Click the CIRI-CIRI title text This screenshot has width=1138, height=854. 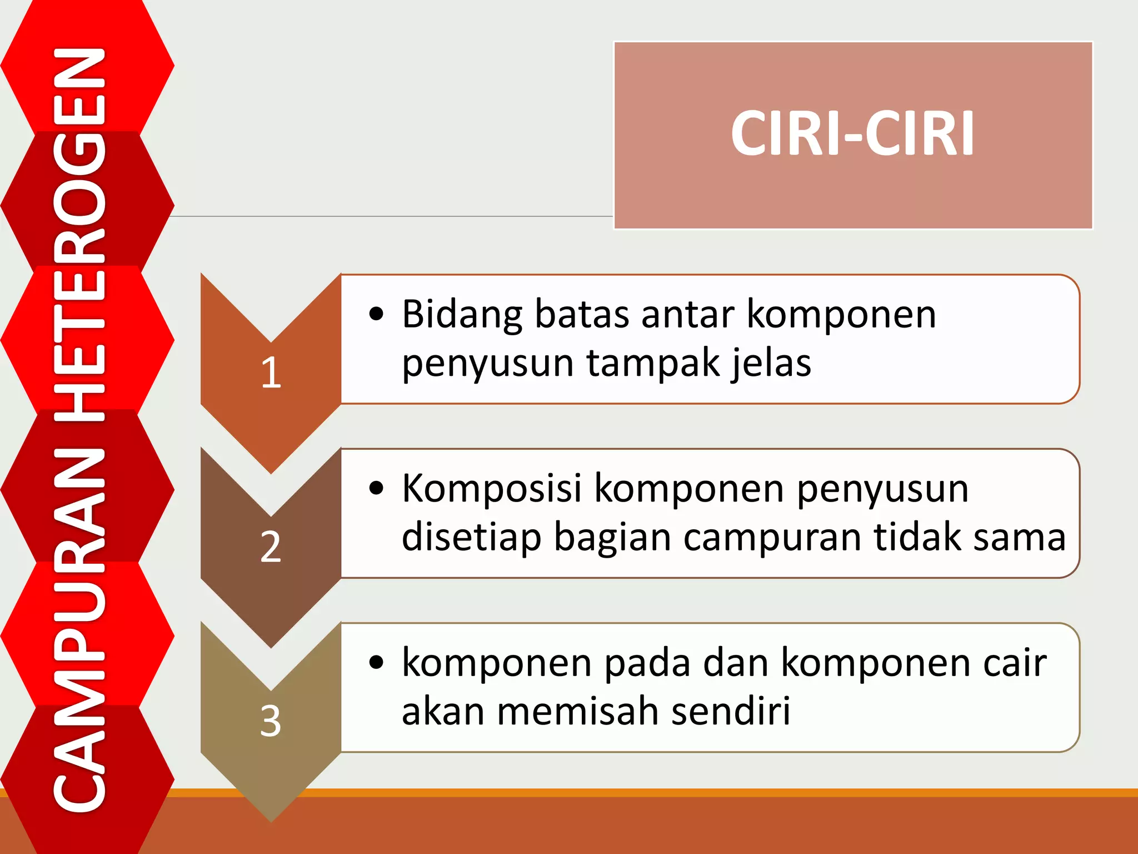click(852, 133)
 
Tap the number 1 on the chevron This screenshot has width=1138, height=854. click(271, 372)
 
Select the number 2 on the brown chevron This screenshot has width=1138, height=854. click(271, 547)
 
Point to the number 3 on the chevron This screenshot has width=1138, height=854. click(271, 721)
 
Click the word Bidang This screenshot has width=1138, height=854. click(462, 315)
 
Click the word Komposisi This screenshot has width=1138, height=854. click(492, 489)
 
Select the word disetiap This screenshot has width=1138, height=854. click(471, 538)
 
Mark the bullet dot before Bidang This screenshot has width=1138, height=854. click(376, 314)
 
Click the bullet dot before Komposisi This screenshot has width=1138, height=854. click(376, 488)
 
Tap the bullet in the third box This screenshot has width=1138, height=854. click(376, 662)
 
